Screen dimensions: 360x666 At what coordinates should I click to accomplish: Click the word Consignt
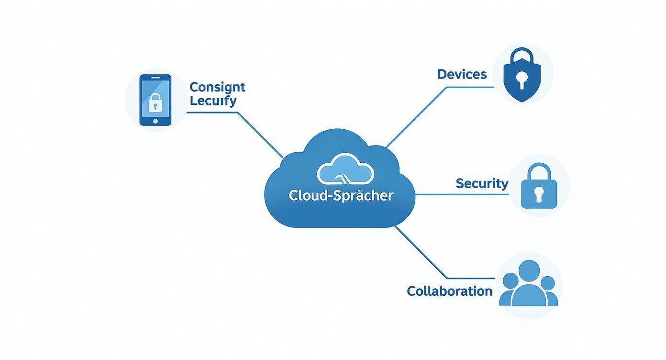click(217, 87)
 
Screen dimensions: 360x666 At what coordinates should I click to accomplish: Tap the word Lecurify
click(213, 101)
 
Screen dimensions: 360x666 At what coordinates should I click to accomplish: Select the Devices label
click(462, 74)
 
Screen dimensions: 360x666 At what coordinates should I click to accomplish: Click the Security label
click(482, 183)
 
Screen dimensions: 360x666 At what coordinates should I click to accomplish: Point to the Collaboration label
click(449, 291)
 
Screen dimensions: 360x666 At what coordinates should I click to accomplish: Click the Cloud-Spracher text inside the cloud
click(341, 195)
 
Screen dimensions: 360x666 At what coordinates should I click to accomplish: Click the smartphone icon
click(155, 100)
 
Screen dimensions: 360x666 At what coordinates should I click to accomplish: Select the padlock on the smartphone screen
click(155, 102)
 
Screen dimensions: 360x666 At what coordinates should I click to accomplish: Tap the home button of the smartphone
click(155, 121)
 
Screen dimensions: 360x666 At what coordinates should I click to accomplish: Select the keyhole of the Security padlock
click(539, 194)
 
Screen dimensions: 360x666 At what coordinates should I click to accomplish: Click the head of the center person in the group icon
click(529, 271)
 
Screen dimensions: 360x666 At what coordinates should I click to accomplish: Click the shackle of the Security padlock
click(539, 170)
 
